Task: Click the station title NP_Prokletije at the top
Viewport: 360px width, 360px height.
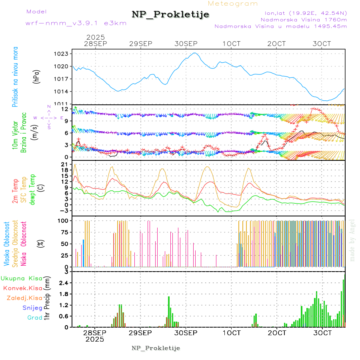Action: click(x=170, y=15)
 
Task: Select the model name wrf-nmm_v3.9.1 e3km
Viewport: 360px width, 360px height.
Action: click(x=76, y=23)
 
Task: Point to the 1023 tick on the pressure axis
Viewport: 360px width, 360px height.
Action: click(x=64, y=54)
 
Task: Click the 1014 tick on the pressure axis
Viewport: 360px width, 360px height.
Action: click(x=64, y=92)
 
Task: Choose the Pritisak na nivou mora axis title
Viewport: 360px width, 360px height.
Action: click(x=15, y=77)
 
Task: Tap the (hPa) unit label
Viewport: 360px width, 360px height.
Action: click(x=36, y=77)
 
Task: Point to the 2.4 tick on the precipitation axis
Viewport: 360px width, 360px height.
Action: click(x=64, y=283)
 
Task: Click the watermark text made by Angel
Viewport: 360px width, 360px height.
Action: click(x=352, y=240)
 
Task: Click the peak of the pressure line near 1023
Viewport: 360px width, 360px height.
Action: click(x=195, y=53)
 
